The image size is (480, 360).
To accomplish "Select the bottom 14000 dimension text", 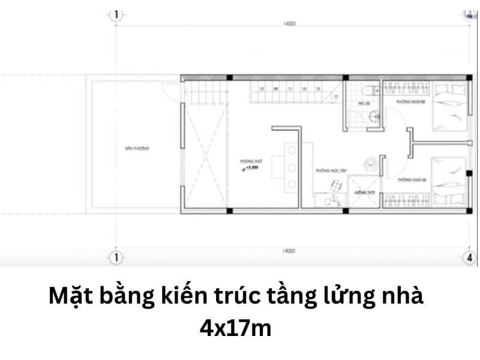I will [289, 251].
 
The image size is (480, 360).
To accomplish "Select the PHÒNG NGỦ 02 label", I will [406, 103].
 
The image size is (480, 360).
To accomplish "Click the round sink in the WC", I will [374, 116].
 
